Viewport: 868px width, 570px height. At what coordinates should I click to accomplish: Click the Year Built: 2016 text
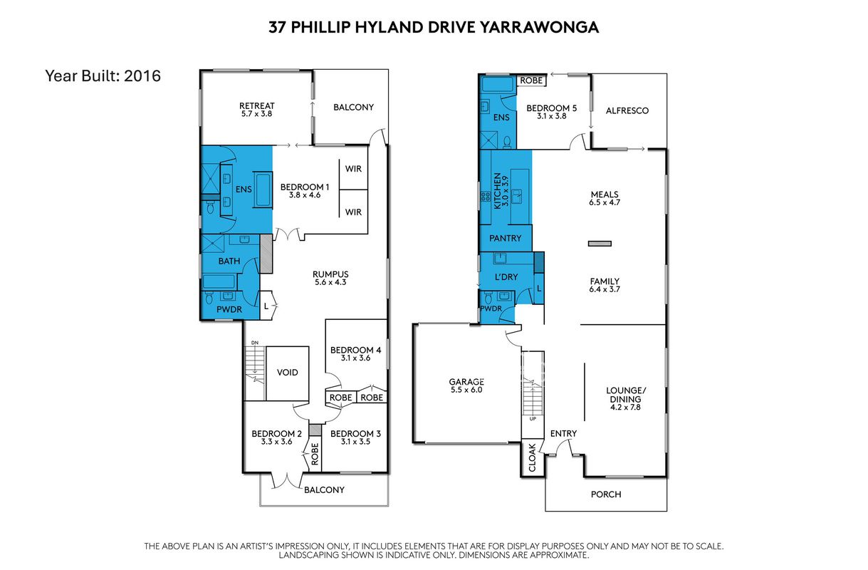(x=103, y=76)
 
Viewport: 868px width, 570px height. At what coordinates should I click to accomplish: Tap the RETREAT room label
(x=256, y=106)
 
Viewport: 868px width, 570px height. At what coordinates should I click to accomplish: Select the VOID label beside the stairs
(x=288, y=373)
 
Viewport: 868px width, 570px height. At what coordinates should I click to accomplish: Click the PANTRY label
(x=505, y=238)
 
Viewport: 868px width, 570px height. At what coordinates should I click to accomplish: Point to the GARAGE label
(x=466, y=382)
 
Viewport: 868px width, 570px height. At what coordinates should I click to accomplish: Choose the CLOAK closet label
(x=532, y=457)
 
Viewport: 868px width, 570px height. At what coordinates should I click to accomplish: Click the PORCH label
(x=606, y=494)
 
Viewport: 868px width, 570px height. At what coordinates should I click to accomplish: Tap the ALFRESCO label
(x=627, y=110)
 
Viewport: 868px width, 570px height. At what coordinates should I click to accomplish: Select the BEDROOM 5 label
(x=551, y=108)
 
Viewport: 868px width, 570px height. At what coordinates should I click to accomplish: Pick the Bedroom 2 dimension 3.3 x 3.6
(x=277, y=442)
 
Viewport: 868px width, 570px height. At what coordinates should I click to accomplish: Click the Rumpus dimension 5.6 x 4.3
(x=330, y=282)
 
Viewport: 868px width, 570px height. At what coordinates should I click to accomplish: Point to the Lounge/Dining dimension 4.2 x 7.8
(x=625, y=407)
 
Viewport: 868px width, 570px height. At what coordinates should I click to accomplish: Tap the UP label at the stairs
(x=533, y=419)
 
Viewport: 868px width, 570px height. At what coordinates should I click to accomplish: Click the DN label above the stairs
(x=255, y=343)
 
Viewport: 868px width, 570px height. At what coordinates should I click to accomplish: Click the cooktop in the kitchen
(x=486, y=196)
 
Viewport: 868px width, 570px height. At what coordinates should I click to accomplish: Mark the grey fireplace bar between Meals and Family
(x=600, y=244)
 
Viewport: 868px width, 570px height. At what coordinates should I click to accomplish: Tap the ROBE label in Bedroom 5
(x=531, y=81)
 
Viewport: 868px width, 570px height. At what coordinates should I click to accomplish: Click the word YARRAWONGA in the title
(x=540, y=28)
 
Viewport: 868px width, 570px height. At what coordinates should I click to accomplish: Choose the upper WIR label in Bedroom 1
(x=353, y=169)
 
